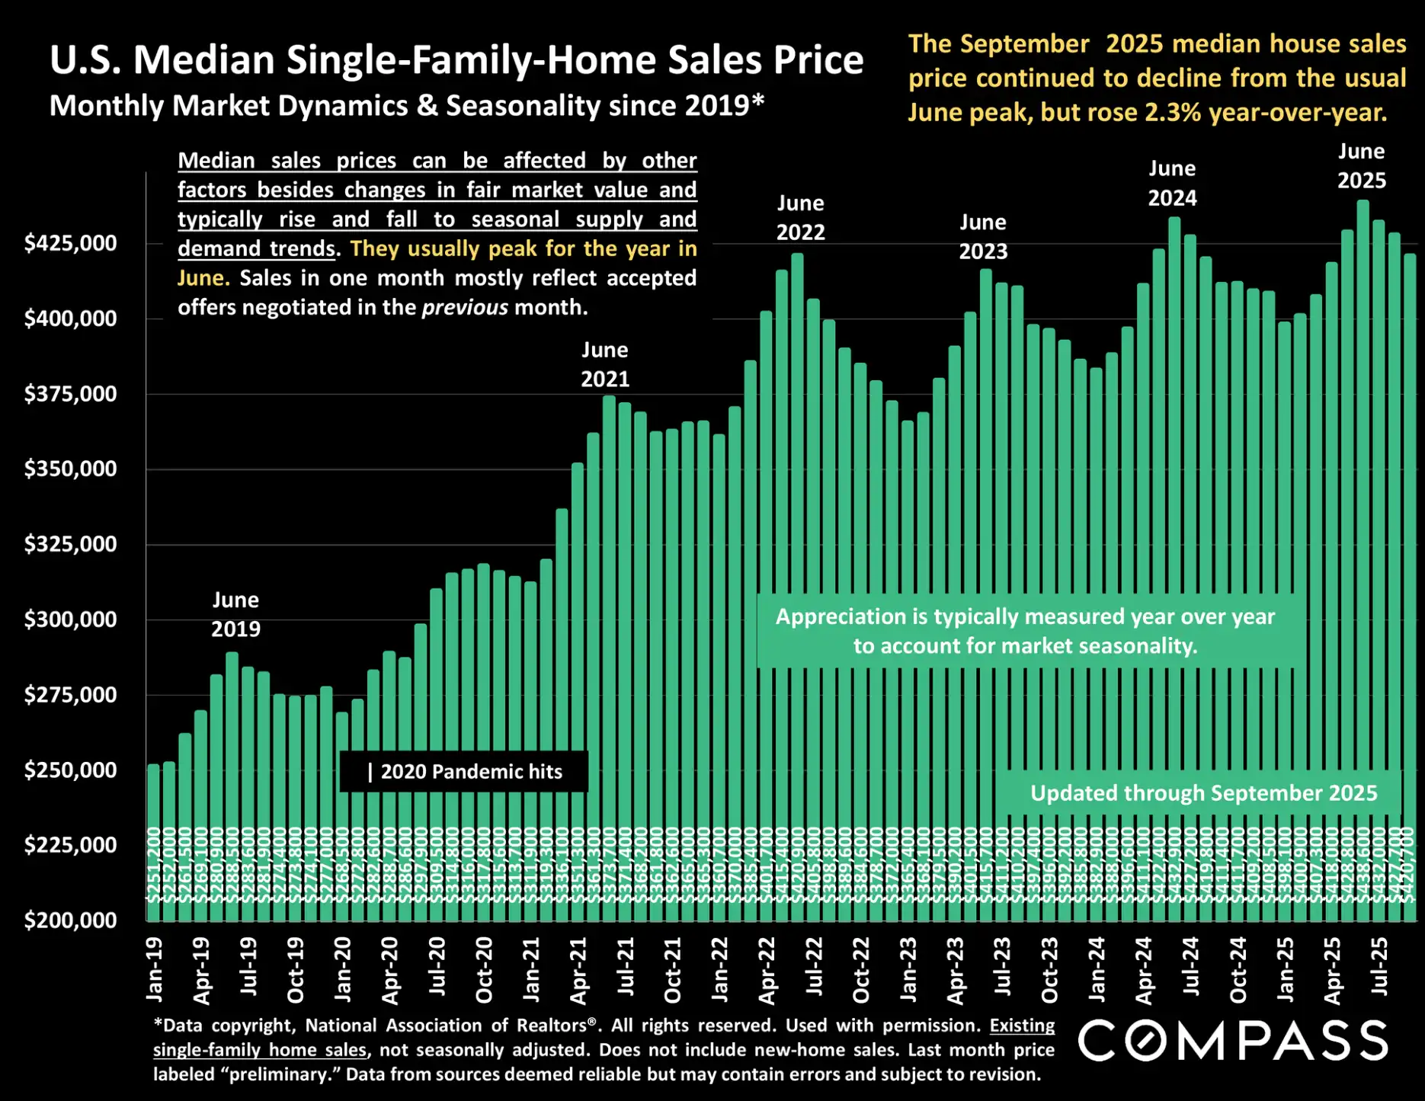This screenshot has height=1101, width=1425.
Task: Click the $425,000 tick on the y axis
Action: click(x=70, y=243)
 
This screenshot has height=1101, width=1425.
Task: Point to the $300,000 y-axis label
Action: click(x=70, y=619)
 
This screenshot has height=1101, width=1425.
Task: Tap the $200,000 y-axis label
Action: click(x=70, y=920)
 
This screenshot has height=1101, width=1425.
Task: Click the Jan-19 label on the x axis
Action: click(x=155, y=969)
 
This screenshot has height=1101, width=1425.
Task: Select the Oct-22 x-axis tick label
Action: click(x=861, y=969)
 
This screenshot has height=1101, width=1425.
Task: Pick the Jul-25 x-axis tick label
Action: click(x=1380, y=966)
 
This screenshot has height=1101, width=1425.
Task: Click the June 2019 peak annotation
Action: click(x=235, y=614)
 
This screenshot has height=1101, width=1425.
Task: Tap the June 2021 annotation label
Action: click(x=605, y=364)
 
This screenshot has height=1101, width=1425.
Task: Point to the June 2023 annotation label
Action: click(x=983, y=236)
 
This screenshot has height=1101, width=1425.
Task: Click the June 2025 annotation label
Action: click(x=1362, y=166)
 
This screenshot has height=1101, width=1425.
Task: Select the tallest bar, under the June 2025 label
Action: click(x=1363, y=533)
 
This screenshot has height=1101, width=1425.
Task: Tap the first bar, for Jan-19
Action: click(x=153, y=838)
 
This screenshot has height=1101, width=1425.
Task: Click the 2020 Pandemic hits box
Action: click(x=464, y=772)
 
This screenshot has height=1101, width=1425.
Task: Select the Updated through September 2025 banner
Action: click(x=1203, y=793)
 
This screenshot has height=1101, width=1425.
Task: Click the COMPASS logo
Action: click(x=1233, y=1041)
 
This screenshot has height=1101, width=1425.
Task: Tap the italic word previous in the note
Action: click(x=464, y=308)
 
